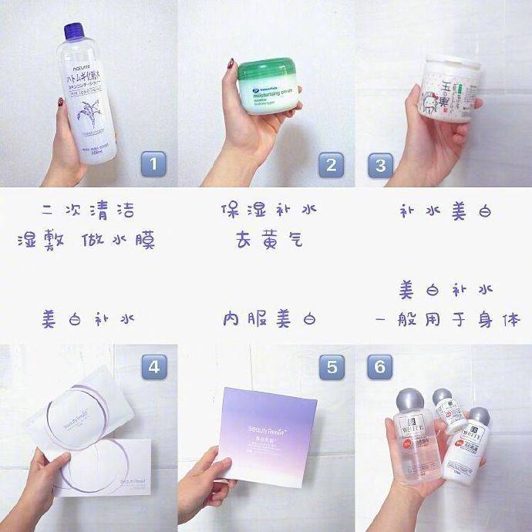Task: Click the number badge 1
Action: click(x=153, y=164)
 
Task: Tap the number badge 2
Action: click(x=331, y=164)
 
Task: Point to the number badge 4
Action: click(x=153, y=366)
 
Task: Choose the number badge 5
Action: click(x=331, y=366)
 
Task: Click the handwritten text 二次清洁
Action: click(x=90, y=210)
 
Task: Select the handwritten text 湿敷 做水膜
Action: click(x=86, y=241)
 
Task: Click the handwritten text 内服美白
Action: click(x=269, y=318)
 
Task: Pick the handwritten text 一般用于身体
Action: click(x=445, y=318)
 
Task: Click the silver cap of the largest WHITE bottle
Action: click(x=408, y=400)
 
